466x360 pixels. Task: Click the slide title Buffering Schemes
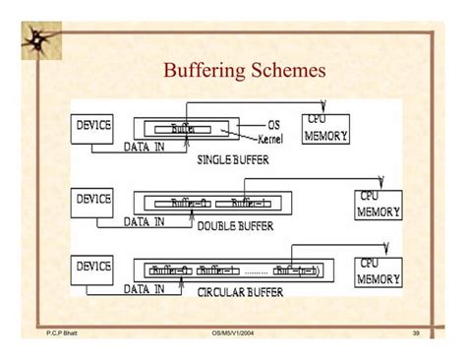243,72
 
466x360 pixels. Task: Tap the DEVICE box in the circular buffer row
94,266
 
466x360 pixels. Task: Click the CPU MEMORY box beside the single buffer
324,128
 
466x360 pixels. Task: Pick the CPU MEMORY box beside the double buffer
379,204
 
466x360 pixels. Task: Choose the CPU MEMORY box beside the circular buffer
379,270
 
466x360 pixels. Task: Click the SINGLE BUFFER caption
233,159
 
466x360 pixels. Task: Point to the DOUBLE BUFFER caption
235,226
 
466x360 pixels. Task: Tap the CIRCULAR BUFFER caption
235,292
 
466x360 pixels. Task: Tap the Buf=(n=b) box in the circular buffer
298,270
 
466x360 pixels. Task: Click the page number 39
415,335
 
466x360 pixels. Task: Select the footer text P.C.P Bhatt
61,335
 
